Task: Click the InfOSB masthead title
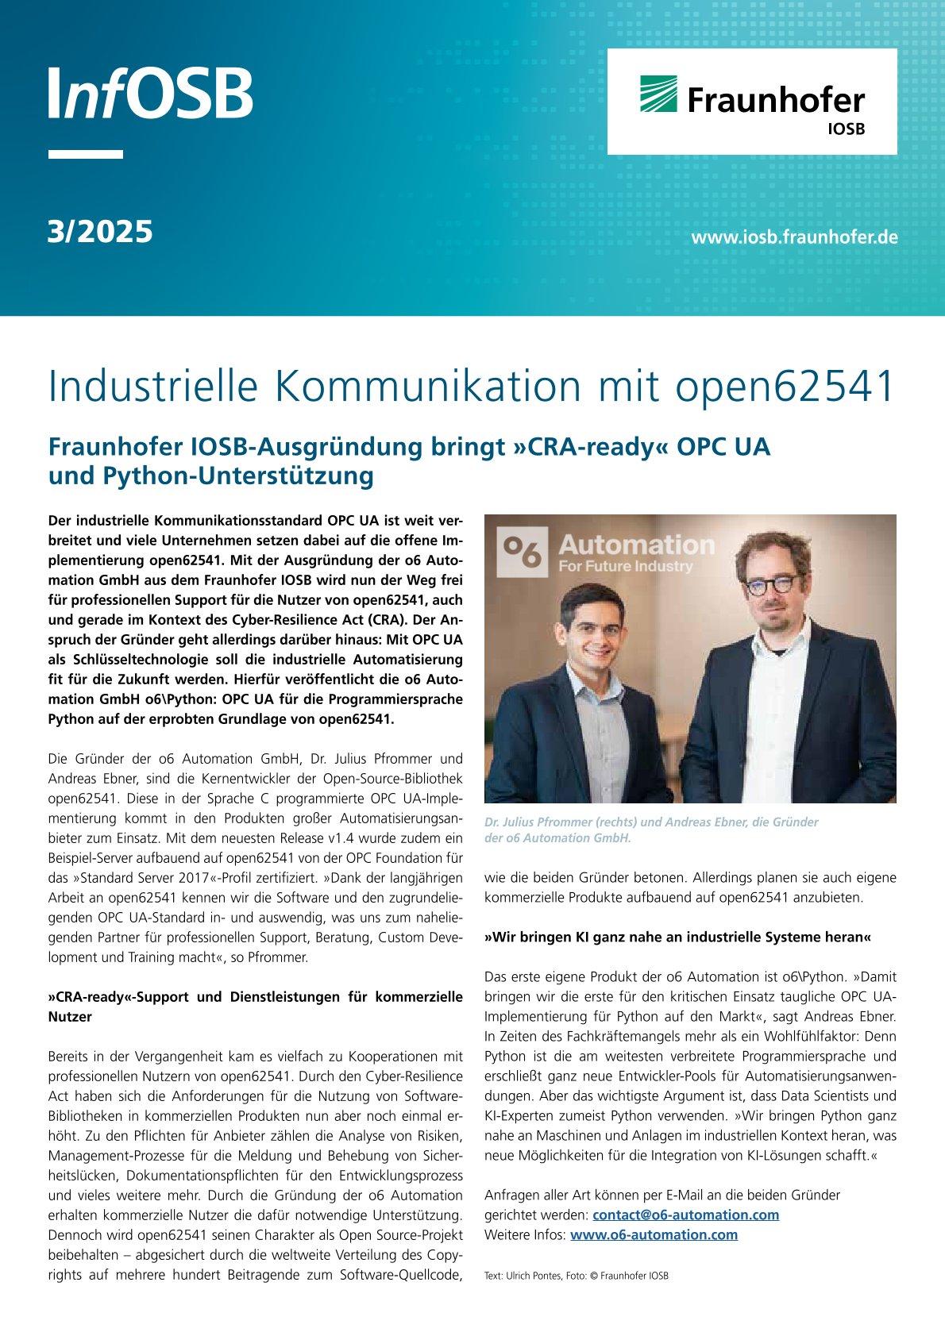(150, 93)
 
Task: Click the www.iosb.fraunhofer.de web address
(794, 237)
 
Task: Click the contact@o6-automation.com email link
(685, 1215)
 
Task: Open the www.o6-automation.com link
(654, 1234)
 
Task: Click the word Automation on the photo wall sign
(636, 545)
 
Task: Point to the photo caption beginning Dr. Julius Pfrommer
(651, 830)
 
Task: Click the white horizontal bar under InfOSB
(86, 154)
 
